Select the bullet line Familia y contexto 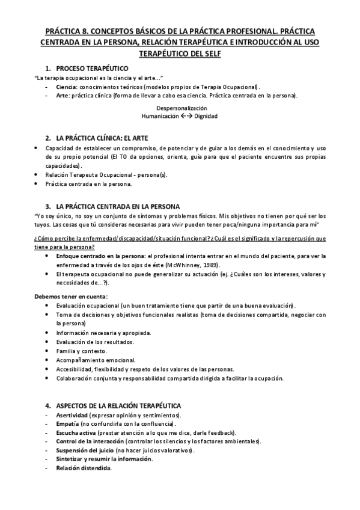tap(81, 351)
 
